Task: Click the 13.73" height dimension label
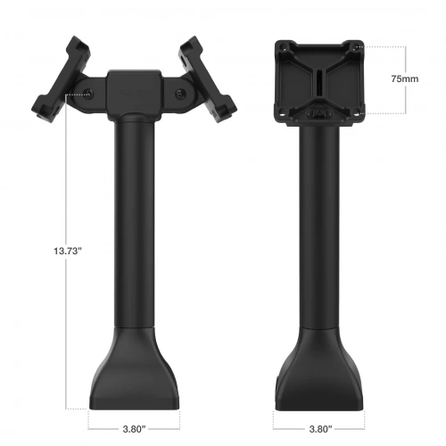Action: tap(68, 251)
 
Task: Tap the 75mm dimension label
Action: tap(405, 78)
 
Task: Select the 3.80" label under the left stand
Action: tap(134, 429)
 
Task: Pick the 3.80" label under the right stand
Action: tap(320, 429)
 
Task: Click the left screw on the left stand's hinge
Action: tap(89, 94)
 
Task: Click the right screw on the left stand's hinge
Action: tap(180, 94)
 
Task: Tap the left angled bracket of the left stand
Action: tap(61, 79)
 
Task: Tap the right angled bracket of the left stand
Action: tap(208, 79)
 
